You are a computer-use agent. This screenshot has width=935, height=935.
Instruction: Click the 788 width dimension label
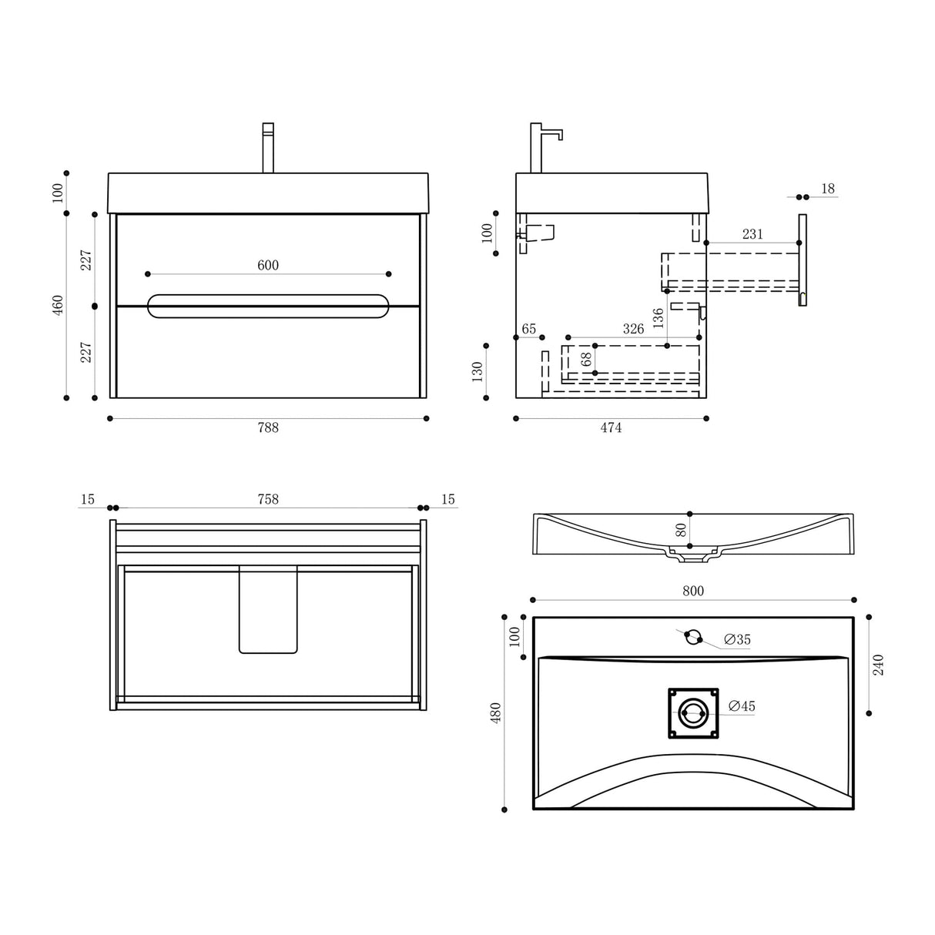267,427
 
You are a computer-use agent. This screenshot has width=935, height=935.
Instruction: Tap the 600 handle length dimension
267,266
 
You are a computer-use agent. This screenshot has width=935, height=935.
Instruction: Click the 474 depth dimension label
610,427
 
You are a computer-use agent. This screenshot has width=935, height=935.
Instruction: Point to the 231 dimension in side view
752,234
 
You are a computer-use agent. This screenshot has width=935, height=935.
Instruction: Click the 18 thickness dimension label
828,189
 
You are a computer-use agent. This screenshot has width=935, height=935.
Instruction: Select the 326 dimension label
632,329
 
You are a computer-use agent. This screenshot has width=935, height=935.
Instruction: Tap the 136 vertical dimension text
657,318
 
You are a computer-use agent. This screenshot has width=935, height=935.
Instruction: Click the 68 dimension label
586,360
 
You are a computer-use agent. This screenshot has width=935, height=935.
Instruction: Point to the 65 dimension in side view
528,329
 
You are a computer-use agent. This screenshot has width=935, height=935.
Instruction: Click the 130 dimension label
477,371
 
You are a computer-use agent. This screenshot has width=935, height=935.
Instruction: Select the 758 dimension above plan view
267,500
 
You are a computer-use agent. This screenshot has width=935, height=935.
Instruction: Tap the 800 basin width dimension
693,591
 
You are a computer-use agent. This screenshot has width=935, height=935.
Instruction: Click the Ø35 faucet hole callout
737,639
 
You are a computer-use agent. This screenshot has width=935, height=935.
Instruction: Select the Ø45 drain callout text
741,705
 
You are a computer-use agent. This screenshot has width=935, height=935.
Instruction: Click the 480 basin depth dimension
495,712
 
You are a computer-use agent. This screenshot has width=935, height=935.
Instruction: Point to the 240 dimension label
879,664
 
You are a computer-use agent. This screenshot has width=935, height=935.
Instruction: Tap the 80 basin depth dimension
680,530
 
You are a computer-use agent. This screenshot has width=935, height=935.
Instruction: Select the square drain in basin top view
692,713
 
